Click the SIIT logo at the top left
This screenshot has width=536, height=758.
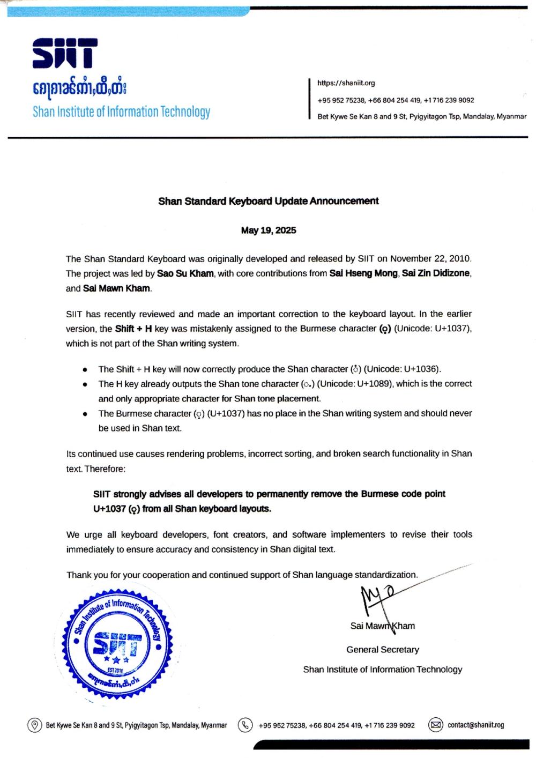pyautogui.click(x=65, y=54)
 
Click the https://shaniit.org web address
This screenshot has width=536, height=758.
pyautogui.click(x=346, y=83)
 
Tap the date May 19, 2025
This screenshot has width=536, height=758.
pyautogui.click(x=269, y=231)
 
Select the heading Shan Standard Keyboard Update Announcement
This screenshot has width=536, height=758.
pyautogui.click(x=269, y=201)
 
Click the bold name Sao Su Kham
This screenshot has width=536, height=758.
pyautogui.click(x=185, y=273)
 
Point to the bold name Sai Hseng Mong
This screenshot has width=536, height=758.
pyautogui.click(x=363, y=273)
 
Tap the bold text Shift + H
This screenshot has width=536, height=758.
pyautogui.click(x=133, y=329)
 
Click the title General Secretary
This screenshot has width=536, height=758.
pyautogui.click(x=383, y=650)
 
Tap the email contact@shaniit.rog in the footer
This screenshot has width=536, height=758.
pyautogui.click(x=476, y=725)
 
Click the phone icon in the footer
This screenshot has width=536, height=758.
pyautogui.click(x=245, y=725)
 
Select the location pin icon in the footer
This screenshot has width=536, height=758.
pyautogui.click(x=35, y=725)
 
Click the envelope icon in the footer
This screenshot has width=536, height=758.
pyautogui.click(x=436, y=725)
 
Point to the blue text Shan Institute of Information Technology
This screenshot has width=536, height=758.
pyautogui.click(x=121, y=112)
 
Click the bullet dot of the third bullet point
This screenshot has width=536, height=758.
pyautogui.click(x=86, y=414)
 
